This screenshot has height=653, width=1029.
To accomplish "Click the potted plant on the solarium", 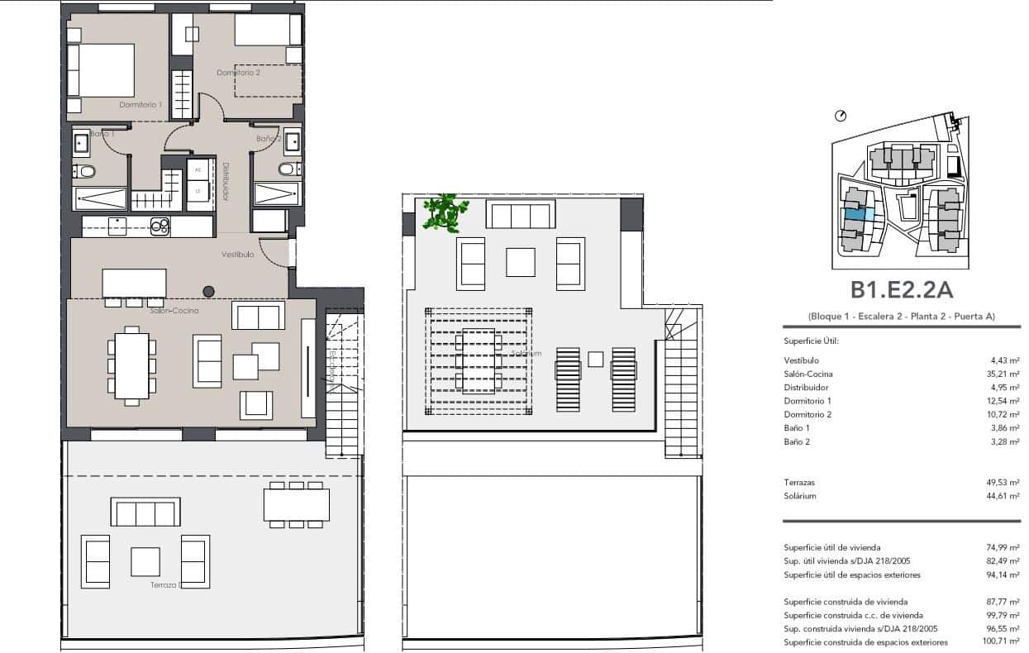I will (442, 212).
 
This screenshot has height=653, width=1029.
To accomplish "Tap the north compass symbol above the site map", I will (841, 116).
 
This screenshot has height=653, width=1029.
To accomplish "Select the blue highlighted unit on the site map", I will (855, 214).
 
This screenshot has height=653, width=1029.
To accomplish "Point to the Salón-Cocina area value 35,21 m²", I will (1003, 374).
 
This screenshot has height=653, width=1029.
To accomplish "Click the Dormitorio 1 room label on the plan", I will (140, 105).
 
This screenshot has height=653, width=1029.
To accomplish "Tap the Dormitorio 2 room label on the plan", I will (238, 73).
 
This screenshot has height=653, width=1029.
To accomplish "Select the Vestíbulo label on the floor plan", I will (237, 255).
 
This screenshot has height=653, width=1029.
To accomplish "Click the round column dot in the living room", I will (209, 291).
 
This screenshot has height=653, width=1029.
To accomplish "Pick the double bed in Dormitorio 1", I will (102, 70).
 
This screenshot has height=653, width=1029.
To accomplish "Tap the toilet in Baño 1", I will (84, 172).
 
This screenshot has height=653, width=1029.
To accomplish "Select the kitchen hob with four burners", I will (160, 226).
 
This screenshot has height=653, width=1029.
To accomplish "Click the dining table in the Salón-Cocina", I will (131, 365).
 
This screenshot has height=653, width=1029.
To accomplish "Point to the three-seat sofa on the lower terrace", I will (146, 512).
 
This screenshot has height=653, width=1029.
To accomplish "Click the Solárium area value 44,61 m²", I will (1003, 496).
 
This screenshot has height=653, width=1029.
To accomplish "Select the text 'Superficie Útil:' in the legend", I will (811, 341).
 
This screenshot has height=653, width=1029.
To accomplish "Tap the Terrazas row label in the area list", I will (799, 482).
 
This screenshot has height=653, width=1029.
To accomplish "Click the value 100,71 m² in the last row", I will (1001, 641).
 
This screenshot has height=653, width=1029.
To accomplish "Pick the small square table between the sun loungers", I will (595, 359).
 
